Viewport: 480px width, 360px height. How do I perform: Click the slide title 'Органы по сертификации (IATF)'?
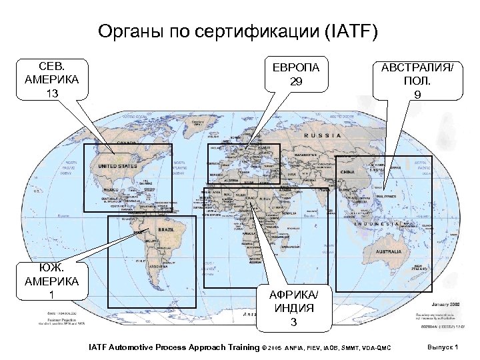point(237,31)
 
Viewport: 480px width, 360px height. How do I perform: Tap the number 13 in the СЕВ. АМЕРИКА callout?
point(52,93)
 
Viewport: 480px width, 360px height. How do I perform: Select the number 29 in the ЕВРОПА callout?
point(296,81)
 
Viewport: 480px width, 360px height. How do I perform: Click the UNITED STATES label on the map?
point(117,166)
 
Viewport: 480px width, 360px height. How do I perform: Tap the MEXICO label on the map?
point(111,189)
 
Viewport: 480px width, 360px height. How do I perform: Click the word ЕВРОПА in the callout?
point(296,68)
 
